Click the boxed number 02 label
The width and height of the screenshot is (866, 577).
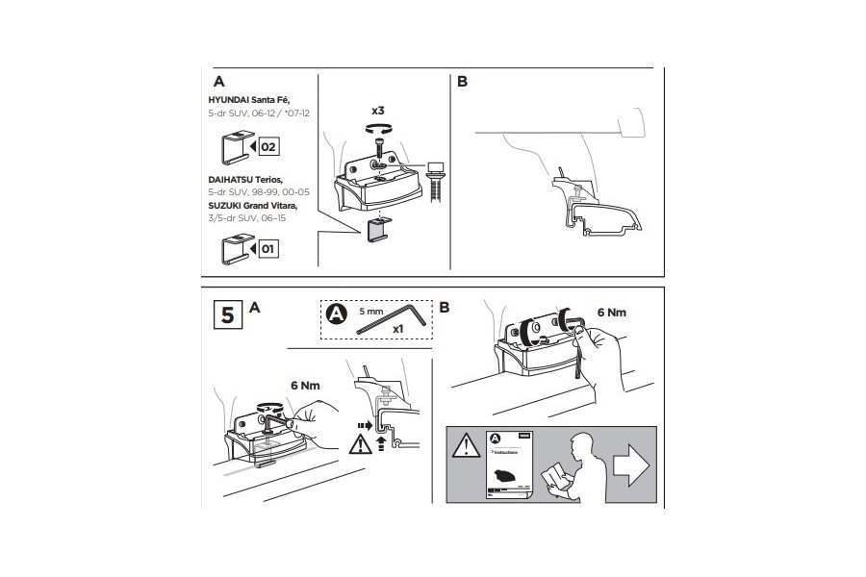click(267, 147)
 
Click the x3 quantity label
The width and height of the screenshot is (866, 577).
click(378, 112)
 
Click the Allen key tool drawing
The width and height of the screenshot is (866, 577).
click(386, 322)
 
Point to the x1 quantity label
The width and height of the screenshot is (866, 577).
click(397, 329)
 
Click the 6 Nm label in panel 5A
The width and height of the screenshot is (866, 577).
click(305, 385)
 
